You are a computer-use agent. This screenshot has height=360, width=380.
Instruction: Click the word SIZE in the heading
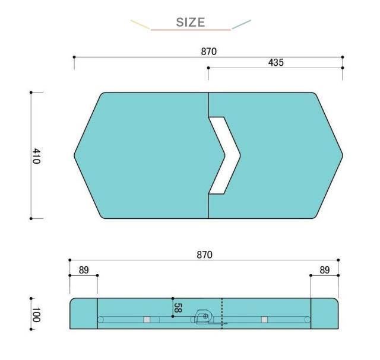click(191, 23)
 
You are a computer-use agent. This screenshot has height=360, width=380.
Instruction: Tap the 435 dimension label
click(275, 62)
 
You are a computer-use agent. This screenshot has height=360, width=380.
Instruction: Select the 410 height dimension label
click(36, 156)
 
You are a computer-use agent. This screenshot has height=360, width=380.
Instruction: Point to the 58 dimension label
click(178, 308)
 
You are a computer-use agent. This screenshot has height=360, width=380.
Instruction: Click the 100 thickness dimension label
click(36, 315)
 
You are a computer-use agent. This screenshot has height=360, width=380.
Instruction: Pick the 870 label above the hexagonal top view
click(208, 52)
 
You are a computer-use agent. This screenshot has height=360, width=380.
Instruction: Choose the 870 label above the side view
click(204, 254)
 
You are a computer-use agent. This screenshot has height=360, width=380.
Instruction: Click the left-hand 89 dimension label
click(84, 270)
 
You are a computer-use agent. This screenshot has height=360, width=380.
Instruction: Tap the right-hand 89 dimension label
click(325, 270)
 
